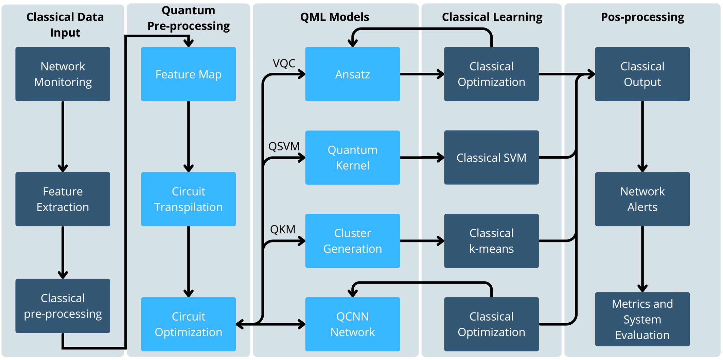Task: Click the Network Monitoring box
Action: click(63, 74)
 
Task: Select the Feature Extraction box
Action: click(63, 199)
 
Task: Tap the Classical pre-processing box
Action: click(63, 306)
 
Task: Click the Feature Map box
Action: click(189, 74)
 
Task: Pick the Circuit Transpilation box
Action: click(189, 199)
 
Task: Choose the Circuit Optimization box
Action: click(189, 324)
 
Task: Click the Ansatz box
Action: click(353, 74)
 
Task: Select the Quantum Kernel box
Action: click(353, 158)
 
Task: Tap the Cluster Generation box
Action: click(353, 241)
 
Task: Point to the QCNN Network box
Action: click(353, 324)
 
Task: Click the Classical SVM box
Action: click(491, 158)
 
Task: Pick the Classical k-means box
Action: click(491, 241)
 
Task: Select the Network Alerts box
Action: click(642, 199)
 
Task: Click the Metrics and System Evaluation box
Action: click(642, 319)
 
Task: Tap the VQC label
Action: click(284, 63)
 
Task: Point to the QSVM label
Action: click(284, 146)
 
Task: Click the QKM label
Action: click(283, 230)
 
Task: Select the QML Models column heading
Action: click(335, 17)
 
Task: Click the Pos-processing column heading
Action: click(642, 17)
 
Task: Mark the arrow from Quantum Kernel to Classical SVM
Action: click(422, 158)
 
